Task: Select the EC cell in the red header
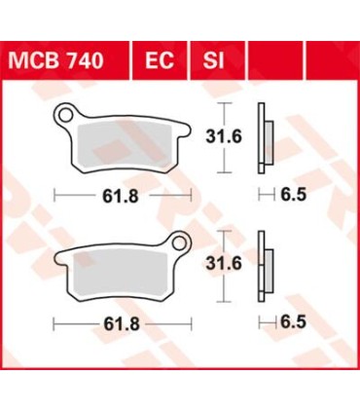pyautogui.click(x=160, y=62)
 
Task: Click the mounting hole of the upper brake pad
pyautogui.click(x=68, y=116)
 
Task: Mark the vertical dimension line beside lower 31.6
pyautogui.click(x=224, y=262)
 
